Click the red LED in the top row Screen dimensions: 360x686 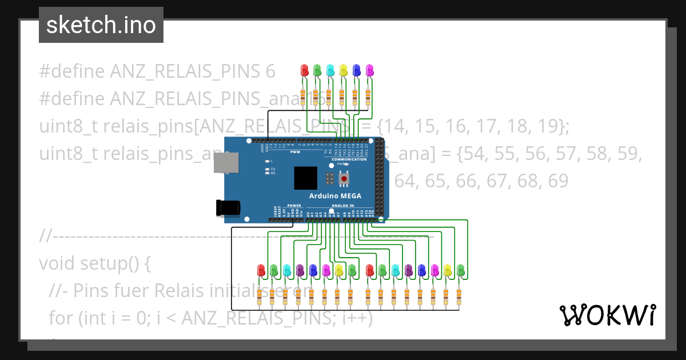pos(304,70)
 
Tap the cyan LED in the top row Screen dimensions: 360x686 pos(330,70)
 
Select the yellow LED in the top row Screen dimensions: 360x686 pos(343,70)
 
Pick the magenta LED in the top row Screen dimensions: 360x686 pos(369,70)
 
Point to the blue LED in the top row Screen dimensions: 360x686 pos(356,70)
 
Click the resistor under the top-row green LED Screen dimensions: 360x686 pos(316,95)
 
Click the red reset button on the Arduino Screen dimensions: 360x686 pos(344,179)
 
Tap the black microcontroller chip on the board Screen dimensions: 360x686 pos(305,178)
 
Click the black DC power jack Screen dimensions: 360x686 pos(226,207)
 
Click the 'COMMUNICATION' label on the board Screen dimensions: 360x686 pos(349,159)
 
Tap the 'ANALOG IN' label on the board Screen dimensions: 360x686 pos(343,205)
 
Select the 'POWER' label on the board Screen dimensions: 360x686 pos(294,205)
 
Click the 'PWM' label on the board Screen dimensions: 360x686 pos(295,153)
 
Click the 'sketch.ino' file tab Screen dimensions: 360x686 pos(101,25)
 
